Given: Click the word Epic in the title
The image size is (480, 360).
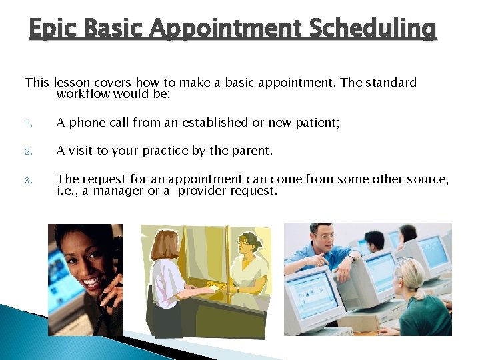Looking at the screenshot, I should pyautogui.click(x=52, y=29).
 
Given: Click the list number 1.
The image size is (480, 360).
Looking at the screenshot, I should pyautogui.click(x=29, y=123).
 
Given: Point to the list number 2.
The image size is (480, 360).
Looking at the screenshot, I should pyautogui.click(x=29, y=151).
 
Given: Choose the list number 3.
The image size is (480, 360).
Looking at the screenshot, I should pyautogui.click(x=29, y=180).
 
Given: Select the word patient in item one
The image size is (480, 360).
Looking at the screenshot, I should pyautogui.click(x=317, y=122).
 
